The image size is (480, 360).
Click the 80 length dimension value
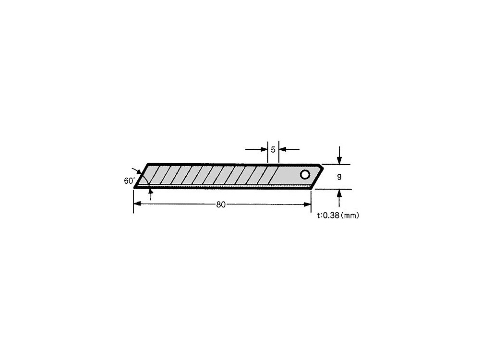coord(221,204)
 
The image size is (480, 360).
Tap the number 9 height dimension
coord(339,177)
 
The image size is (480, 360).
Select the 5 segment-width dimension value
coord(273,149)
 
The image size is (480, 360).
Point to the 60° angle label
coord(129,180)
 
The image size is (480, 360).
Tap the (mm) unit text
coord(349,216)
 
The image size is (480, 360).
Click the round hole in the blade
coord(305,175)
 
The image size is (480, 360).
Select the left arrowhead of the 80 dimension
coord(137,204)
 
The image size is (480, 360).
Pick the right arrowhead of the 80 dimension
coord(307,204)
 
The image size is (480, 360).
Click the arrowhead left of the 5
coord(264,149)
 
